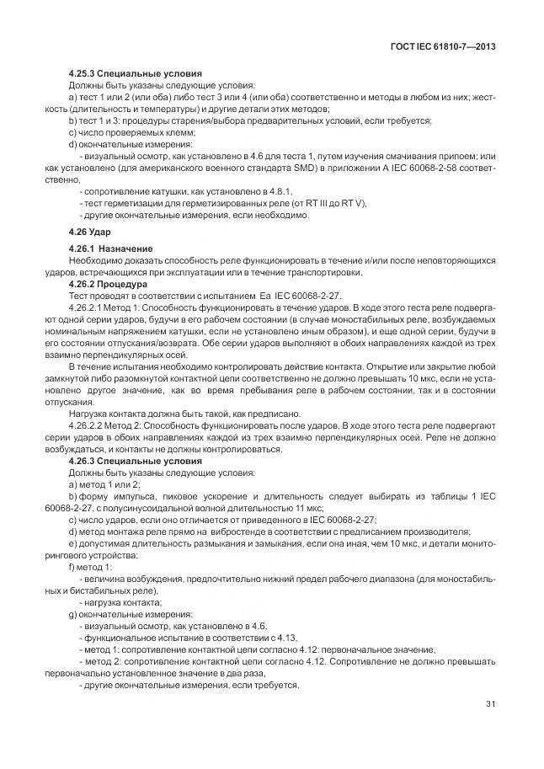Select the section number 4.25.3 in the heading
83,74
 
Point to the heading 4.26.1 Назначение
109,249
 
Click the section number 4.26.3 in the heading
83,462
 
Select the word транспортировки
327,272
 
